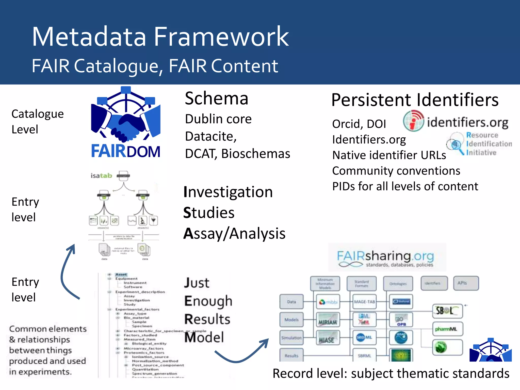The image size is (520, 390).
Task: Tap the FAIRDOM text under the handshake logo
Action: (x=126, y=151)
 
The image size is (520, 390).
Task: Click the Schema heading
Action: (x=216, y=99)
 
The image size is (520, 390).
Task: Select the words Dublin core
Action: (x=218, y=119)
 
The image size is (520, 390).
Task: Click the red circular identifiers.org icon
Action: (x=413, y=121)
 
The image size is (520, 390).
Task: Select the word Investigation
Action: (x=228, y=192)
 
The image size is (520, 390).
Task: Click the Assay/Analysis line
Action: (x=234, y=233)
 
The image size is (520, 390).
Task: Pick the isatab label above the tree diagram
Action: (x=101, y=176)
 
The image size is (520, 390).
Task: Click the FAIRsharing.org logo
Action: (x=386, y=257)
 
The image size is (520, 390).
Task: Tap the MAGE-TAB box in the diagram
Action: (x=364, y=302)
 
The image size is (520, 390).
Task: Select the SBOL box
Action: (x=447, y=311)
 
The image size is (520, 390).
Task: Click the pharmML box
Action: (x=447, y=329)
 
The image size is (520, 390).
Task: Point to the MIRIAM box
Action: (x=328, y=320)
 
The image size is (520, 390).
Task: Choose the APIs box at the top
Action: (x=466, y=283)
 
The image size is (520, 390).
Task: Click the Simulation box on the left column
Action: (x=291, y=338)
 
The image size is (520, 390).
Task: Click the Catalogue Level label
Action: (x=37, y=121)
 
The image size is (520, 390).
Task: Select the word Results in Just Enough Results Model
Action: (x=207, y=319)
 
